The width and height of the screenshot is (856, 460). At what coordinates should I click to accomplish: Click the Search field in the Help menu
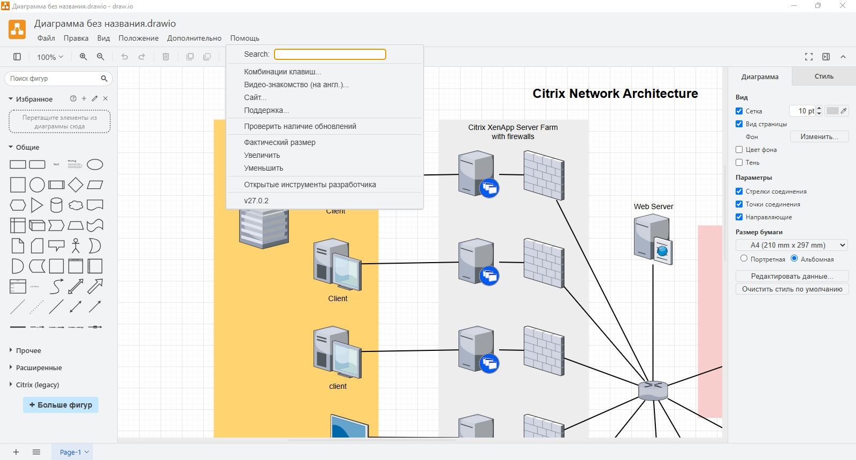pos(330,54)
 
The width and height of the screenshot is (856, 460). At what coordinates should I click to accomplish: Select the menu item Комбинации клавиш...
pos(282,72)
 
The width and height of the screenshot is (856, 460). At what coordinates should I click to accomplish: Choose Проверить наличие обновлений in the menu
pos(300,126)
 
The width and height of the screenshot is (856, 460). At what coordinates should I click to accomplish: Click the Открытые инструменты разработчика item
pos(310,185)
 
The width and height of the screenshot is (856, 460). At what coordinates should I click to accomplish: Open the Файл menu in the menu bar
pos(46,38)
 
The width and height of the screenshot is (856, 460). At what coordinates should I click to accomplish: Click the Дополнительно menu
pos(194,38)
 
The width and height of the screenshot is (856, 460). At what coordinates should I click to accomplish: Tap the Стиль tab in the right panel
pos(824,76)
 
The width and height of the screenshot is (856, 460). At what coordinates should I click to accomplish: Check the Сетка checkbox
pos(739,111)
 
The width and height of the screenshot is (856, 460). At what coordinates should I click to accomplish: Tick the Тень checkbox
pos(739,163)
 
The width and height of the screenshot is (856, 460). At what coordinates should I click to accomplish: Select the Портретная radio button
pos(744,259)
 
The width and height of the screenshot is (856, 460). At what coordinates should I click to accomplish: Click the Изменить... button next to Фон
pos(819,137)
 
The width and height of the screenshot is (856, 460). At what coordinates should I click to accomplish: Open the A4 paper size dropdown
pos(792,245)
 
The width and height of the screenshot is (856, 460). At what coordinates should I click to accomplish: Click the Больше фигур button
pos(60,405)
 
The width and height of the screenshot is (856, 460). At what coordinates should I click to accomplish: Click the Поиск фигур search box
pos(53,79)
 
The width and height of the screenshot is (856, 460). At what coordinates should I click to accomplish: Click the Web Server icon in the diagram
pos(653,238)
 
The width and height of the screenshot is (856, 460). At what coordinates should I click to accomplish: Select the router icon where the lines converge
pos(653,390)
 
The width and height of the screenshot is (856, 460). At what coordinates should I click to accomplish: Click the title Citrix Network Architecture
pos(615,94)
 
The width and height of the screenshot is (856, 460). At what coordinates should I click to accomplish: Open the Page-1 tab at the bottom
pos(72,452)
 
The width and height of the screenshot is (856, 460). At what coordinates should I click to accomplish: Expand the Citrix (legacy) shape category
pos(37,385)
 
